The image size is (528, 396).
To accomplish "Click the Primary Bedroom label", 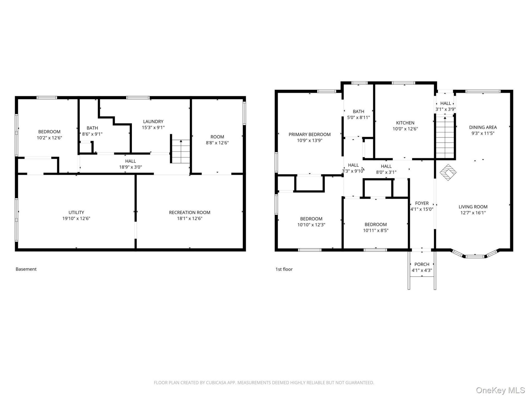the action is pos(309,134).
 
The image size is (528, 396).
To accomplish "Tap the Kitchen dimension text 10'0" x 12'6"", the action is pos(405,129).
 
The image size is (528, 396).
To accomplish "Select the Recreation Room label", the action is pos(189,213).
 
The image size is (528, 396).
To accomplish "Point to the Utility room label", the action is pos(76,213).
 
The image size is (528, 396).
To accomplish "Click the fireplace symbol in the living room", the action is pos(448,172).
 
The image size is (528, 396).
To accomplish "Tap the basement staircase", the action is pos(181,151).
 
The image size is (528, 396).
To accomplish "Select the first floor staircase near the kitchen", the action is pos(445,137).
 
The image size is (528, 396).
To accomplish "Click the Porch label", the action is pos(422,265).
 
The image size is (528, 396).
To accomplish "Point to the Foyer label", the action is pos(422,204).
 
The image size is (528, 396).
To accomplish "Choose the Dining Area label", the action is pos(483,127).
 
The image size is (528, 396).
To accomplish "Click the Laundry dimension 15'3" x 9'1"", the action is pos(153,128).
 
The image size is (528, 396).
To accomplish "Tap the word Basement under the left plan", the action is pos(26,269).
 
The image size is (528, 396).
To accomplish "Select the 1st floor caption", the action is pos(284,269).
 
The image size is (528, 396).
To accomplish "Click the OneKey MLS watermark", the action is pos(500,390).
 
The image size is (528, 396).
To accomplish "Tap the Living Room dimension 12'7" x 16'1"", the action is pos(473,213).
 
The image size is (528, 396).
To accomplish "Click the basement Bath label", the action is pos(92,128).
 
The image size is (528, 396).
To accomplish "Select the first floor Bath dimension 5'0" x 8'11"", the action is pos(358,117).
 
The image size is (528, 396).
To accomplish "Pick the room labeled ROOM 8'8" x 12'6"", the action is pos(217,140).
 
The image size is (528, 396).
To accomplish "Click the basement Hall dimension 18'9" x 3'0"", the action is pos(130,167).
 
